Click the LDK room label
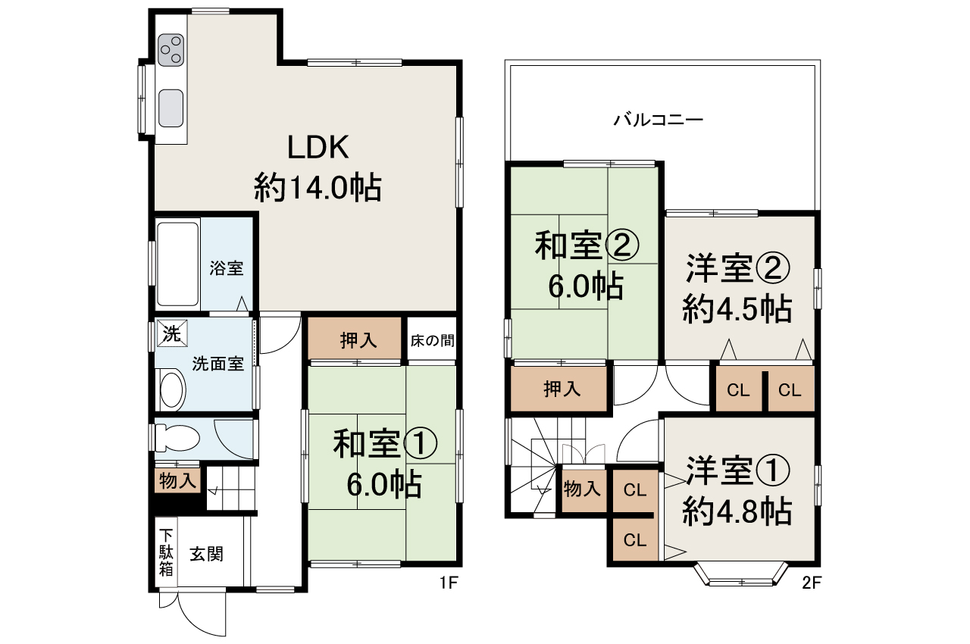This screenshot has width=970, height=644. [x=318, y=147]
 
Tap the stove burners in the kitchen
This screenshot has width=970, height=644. [x=171, y=49]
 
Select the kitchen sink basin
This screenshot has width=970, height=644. [x=171, y=108]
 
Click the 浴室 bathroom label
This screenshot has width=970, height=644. [x=226, y=268]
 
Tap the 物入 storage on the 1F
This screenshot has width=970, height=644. [x=177, y=480]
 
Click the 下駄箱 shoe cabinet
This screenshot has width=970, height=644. [x=166, y=552]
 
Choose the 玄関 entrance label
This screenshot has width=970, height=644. [x=206, y=555]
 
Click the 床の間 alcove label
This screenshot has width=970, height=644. [x=433, y=340]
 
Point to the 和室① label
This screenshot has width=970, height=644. [x=385, y=445]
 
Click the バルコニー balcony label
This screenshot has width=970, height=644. [x=659, y=120]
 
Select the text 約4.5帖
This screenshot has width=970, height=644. [x=737, y=308]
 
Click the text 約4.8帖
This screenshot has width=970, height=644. [x=737, y=512]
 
